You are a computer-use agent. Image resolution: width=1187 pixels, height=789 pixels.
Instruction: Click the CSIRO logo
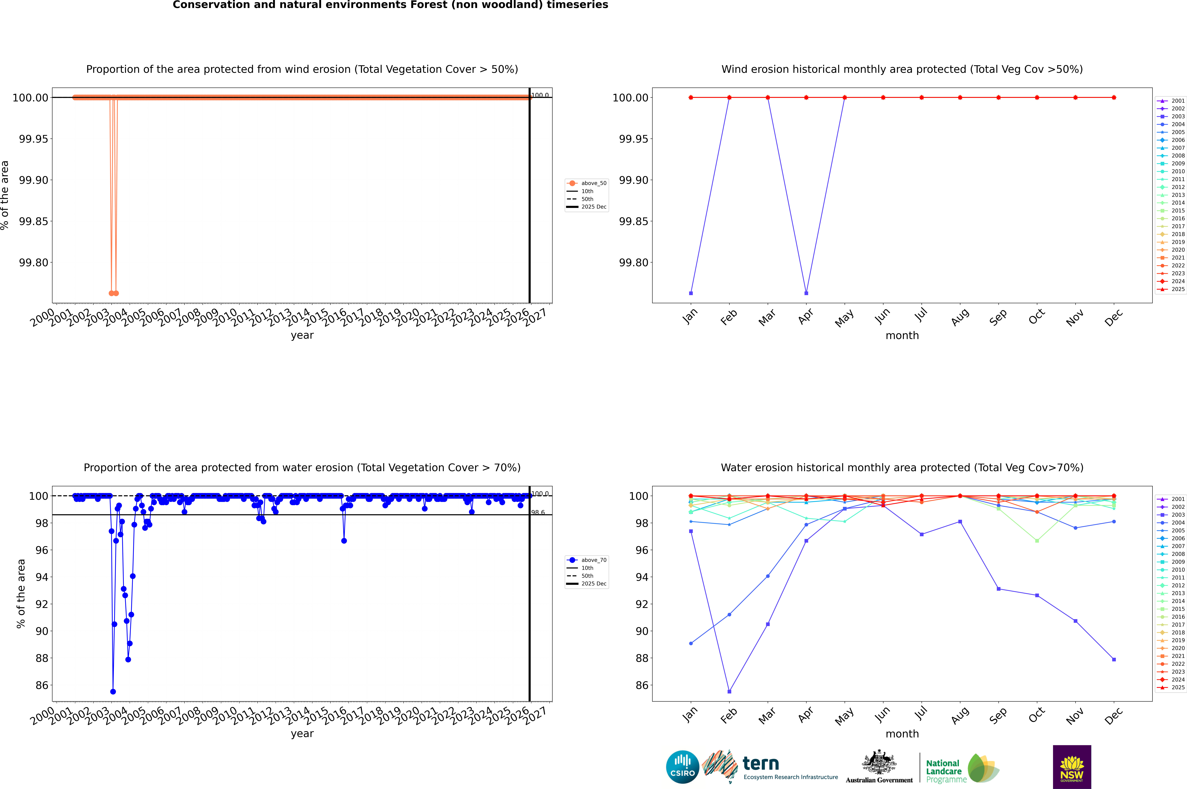pyautogui.click(x=682, y=767)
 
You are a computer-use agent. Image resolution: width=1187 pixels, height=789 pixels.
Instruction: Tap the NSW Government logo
pyautogui.click(x=1072, y=767)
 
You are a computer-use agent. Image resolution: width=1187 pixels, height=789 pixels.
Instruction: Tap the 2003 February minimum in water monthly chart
pyautogui.click(x=729, y=691)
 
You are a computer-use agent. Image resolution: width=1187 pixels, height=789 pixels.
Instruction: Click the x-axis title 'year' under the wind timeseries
pyautogui.click(x=302, y=335)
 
